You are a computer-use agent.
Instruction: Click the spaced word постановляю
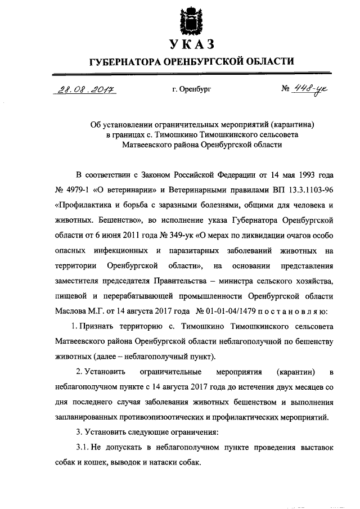point(294,309)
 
